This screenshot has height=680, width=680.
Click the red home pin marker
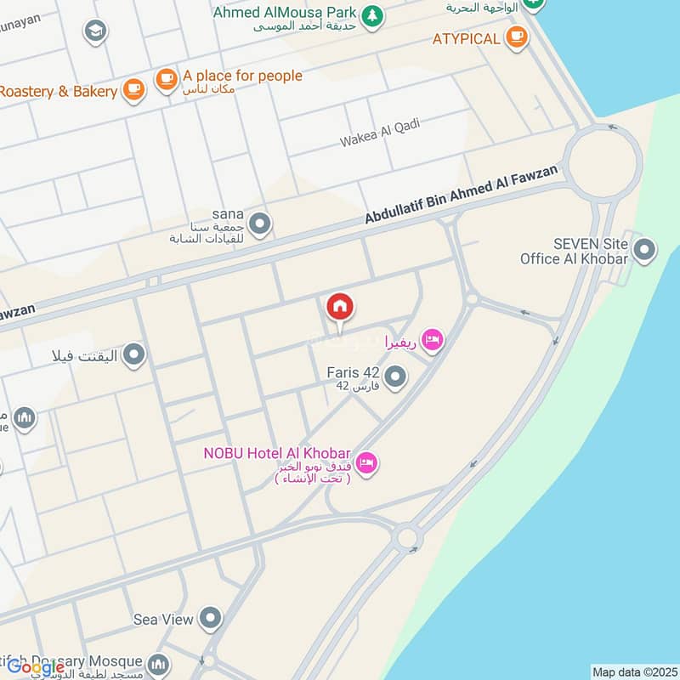340,308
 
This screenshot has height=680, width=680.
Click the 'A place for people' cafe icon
166,80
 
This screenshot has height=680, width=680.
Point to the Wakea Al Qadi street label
380,133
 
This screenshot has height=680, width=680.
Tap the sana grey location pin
260,224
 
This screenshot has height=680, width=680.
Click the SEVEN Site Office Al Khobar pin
645,250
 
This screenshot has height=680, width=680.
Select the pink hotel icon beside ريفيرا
433,342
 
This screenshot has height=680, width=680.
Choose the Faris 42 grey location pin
395,376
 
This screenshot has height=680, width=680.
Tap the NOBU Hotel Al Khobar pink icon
367,463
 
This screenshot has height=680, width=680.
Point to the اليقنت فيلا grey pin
133,354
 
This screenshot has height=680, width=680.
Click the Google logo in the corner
36,667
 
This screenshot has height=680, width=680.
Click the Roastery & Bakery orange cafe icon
133,89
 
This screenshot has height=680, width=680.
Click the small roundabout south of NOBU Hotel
407,537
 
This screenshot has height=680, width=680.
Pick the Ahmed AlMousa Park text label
284,13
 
